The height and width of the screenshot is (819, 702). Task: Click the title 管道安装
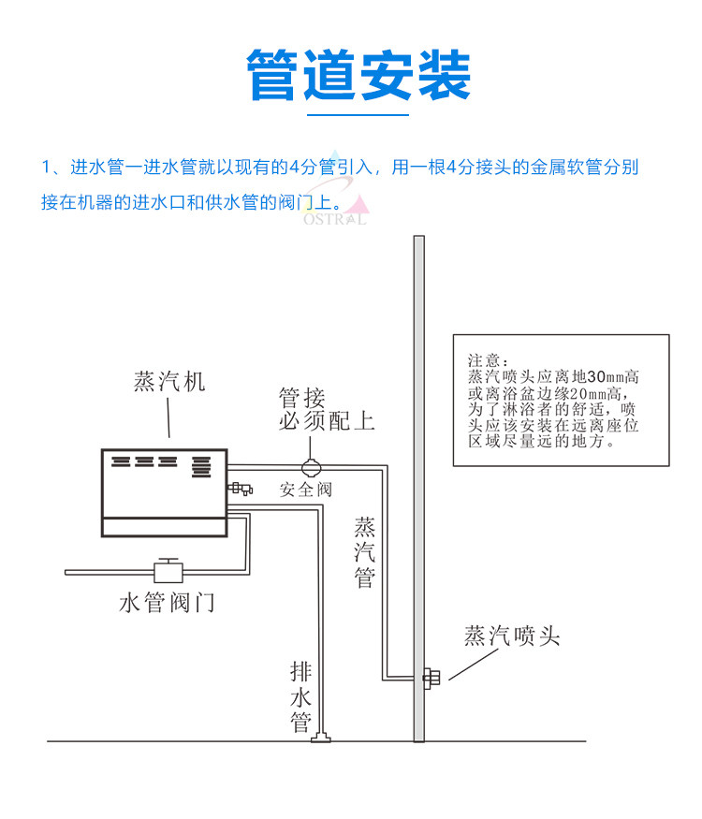pos(358,74)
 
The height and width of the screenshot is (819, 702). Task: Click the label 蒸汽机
pos(169,383)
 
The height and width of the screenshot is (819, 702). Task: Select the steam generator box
pos(165,492)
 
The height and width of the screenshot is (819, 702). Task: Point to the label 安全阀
pos(305,490)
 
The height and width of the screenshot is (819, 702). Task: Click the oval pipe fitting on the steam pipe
pos(310,463)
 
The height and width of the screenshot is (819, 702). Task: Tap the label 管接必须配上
pos(326,409)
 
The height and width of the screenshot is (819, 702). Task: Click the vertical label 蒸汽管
pos(364,552)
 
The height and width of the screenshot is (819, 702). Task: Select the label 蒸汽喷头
pos(512,636)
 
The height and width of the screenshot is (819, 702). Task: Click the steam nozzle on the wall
pos(432,678)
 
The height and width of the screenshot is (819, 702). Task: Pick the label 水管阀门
pos(167,603)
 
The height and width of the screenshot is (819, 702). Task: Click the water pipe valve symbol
pos(168,569)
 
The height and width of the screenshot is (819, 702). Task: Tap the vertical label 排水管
pos(300,697)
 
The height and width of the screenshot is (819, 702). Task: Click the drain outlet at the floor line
pos(321,739)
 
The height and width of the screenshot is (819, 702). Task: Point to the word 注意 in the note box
pos(489,360)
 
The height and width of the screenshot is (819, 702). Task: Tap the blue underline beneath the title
pos(358,115)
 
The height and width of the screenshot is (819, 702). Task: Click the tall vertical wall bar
pos(419,487)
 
